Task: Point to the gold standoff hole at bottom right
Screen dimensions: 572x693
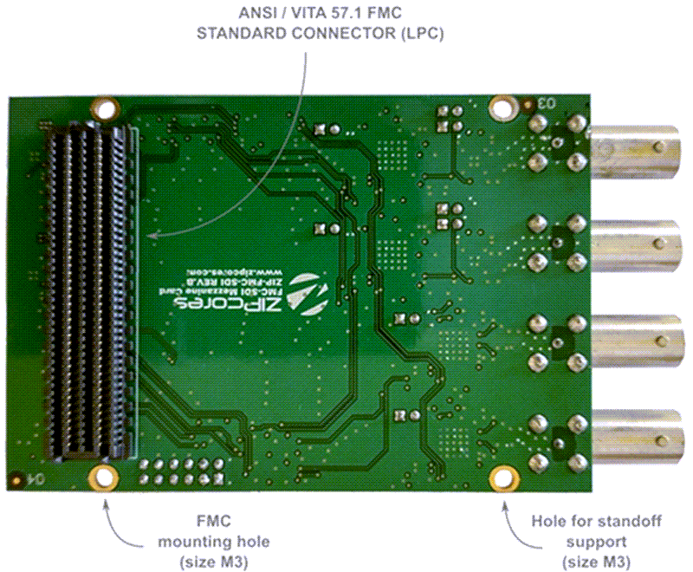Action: (x=502, y=478)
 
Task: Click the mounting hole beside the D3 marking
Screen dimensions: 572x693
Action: (x=502, y=108)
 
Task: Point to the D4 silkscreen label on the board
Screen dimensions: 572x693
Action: (x=29, y=477)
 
